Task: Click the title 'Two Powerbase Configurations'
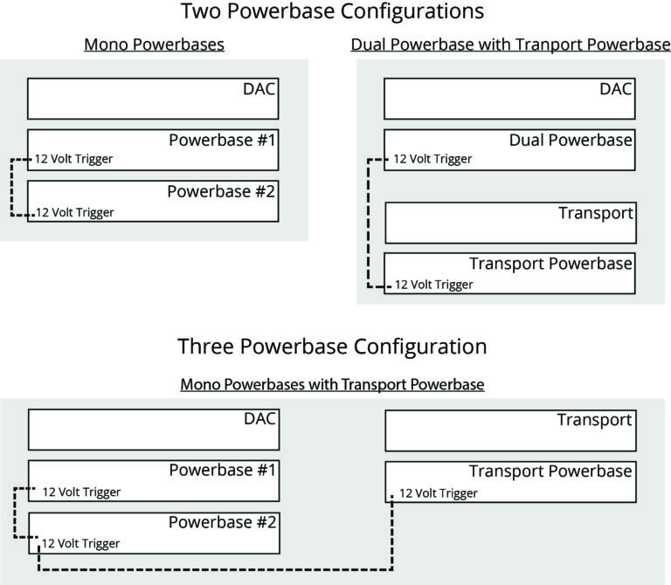pyautogui.click(x=332, y=12)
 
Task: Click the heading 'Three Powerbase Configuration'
pyautogui.click(x=332, y=346)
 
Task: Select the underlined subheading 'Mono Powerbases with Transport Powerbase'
pyautogui.click(x=332, y=384)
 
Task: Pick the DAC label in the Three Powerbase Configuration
pyautogui.click(x=259, y=420)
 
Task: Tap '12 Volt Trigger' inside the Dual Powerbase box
pyautogui.click(x=432, y=159)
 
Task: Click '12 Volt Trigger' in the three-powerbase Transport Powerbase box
pyautogui.click(x=439, y=493)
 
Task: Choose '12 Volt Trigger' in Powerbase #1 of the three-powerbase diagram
pyautogui.click(x=81, y=492)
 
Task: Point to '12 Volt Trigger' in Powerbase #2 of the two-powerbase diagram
pyautogui.click(x=74, y=211)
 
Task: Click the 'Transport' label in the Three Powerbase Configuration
pyautogui.click(x=594, y=420)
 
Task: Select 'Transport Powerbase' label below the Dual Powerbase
pyautogui.click(x=550, y=264)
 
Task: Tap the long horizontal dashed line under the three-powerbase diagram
pyautogui.click(x=218, y=570)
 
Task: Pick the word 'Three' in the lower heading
pyautogui.click(x=205, y=346)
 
